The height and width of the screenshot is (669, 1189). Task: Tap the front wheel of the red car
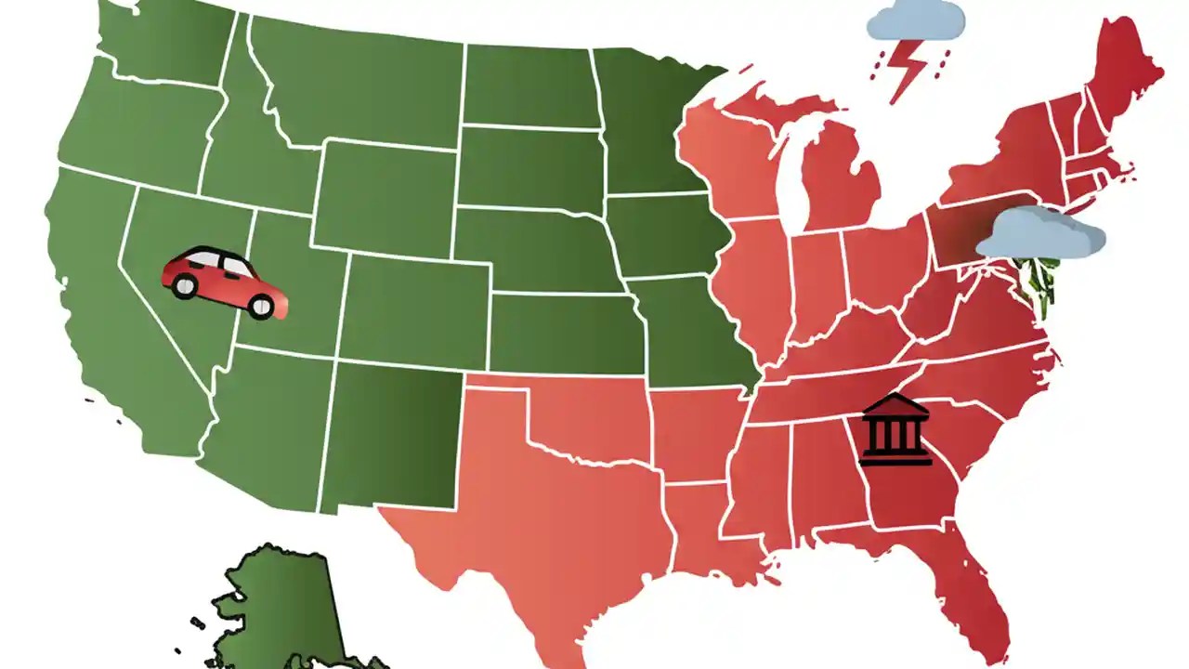click(x=262, y=306)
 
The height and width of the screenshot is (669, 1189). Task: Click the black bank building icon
click(x=895, y=429)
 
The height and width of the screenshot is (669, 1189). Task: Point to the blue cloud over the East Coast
click(x=1040, y=233)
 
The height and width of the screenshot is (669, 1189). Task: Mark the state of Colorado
click(x=418, y=307)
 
